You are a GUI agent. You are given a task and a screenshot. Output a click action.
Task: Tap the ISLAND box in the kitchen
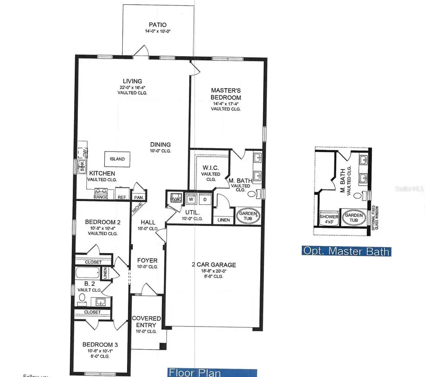tap(118, 159)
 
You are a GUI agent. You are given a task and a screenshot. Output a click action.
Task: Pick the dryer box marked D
tap(205, 199)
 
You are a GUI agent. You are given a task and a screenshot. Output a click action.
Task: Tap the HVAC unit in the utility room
tap(175, 199)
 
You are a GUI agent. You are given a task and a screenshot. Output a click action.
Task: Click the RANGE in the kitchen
tap(101, 193)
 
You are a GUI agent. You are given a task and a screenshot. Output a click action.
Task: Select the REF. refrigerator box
tap(122, 197)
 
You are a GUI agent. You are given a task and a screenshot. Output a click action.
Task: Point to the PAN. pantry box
tap(138, 197)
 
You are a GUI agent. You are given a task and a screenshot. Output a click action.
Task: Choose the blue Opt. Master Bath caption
tap(346, 251)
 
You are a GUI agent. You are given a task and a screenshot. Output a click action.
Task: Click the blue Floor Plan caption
tap(212, 372)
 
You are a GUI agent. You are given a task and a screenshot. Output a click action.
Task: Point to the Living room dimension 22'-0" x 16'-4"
tap(133, 87)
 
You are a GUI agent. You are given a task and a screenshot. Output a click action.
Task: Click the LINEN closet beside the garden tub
tap(223, 220)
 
